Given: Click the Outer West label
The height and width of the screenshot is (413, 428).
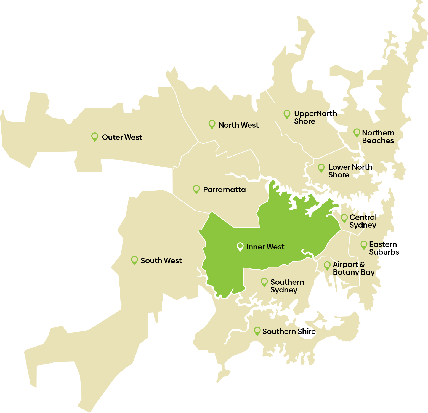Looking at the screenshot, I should [122, 137].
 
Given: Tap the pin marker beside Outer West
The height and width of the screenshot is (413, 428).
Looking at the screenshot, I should [95, 137].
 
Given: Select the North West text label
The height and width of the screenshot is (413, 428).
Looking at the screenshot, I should [238, 125].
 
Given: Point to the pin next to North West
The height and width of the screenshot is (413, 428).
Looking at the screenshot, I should [212, 124].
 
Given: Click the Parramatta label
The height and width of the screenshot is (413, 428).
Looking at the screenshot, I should [224, 190].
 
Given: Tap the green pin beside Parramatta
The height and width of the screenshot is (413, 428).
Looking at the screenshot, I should [196, 189].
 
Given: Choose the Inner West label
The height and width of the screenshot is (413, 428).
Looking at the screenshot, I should [265, 247].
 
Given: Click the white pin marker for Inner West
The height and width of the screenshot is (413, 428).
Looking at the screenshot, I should [240, 246].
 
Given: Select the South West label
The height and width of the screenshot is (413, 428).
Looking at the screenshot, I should [161, 260].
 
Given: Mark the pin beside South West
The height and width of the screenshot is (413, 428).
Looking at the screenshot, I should [134, 260].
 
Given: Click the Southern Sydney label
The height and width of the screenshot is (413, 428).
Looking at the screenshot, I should [287, 286].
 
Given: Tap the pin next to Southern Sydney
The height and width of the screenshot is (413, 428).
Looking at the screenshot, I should [264, 282].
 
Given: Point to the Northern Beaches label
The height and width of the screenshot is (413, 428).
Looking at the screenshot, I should [378, 137].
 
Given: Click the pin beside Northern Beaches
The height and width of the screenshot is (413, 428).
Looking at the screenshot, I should [357, 133].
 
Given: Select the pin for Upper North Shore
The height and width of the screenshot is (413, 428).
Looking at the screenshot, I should [287, 114].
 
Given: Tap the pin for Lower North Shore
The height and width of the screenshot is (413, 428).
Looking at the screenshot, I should [321, 168].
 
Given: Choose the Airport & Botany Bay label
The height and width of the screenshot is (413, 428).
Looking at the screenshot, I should [353, 268].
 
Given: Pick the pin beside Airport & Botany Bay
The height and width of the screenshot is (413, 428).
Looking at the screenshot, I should [327, 265].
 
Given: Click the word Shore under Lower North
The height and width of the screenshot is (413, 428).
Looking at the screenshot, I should [339, 175].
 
